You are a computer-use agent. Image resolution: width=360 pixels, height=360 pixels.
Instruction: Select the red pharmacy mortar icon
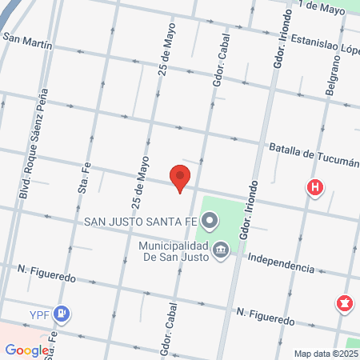pyautogui.click(x=345, y=303)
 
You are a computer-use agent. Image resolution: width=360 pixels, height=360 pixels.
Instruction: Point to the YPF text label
pyautogui.click(x=39, y=314)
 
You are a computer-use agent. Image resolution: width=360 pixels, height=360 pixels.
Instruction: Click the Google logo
pyautogui.click(x=26, y=350)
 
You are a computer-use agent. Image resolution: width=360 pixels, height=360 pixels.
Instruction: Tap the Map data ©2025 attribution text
pyautogui.click(x=326, y=353)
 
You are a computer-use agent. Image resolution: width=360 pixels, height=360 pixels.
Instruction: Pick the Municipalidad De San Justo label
pyautogui.click(x=173, y=250)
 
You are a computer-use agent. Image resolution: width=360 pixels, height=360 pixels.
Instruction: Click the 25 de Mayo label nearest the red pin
pyautogui.click(x=140, y=184)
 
